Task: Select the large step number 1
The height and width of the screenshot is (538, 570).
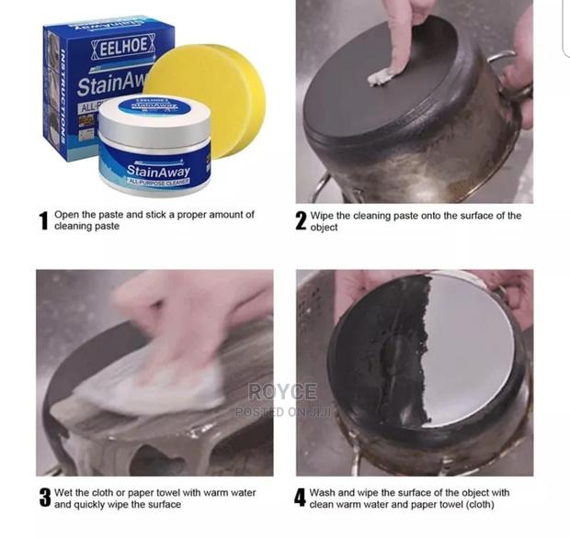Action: (42, 221)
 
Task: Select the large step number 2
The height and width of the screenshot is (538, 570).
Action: (302, 221)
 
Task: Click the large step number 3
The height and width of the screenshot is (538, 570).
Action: (44, 499)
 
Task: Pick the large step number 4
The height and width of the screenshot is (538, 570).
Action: (300, 499)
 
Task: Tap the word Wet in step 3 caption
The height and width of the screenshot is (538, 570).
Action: (65, 493)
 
